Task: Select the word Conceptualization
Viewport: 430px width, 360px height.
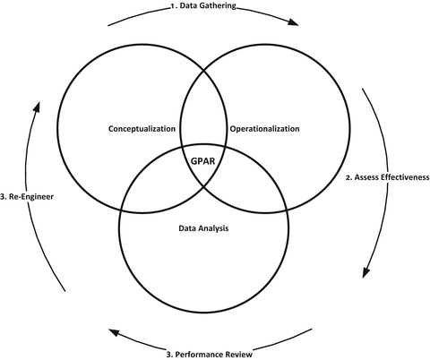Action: (x=142, y=129)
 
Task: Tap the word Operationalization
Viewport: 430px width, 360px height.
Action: (x=264, y=129)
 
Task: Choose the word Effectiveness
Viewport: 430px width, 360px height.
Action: (x=407, y=177)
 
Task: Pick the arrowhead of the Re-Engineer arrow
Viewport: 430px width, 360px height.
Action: (x=37, y=105)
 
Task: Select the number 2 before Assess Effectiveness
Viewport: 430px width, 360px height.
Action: (x=348, y=177)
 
